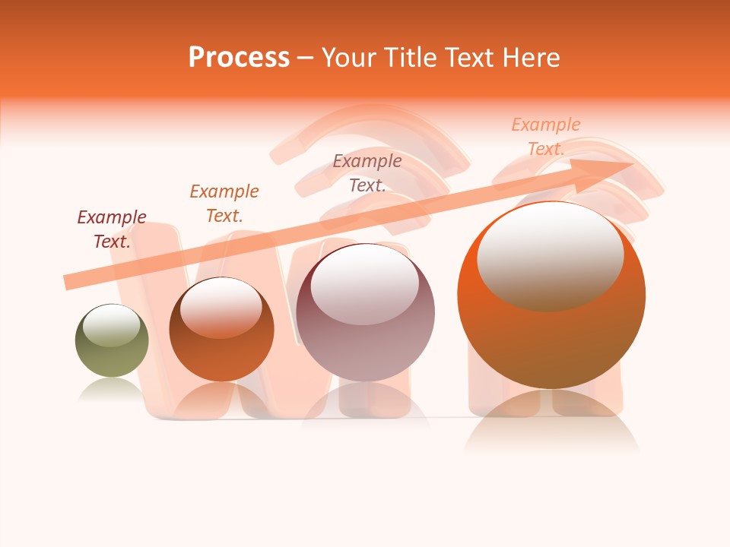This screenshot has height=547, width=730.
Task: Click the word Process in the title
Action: coord(239,58)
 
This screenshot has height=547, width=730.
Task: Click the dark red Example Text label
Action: coord(112,229)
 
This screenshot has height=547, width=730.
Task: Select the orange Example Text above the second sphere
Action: coord(224,203)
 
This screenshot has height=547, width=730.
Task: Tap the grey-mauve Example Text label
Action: coord(367,172)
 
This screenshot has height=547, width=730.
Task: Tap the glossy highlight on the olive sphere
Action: coord(112,326)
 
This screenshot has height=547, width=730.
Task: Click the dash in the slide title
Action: coord(306,58)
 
